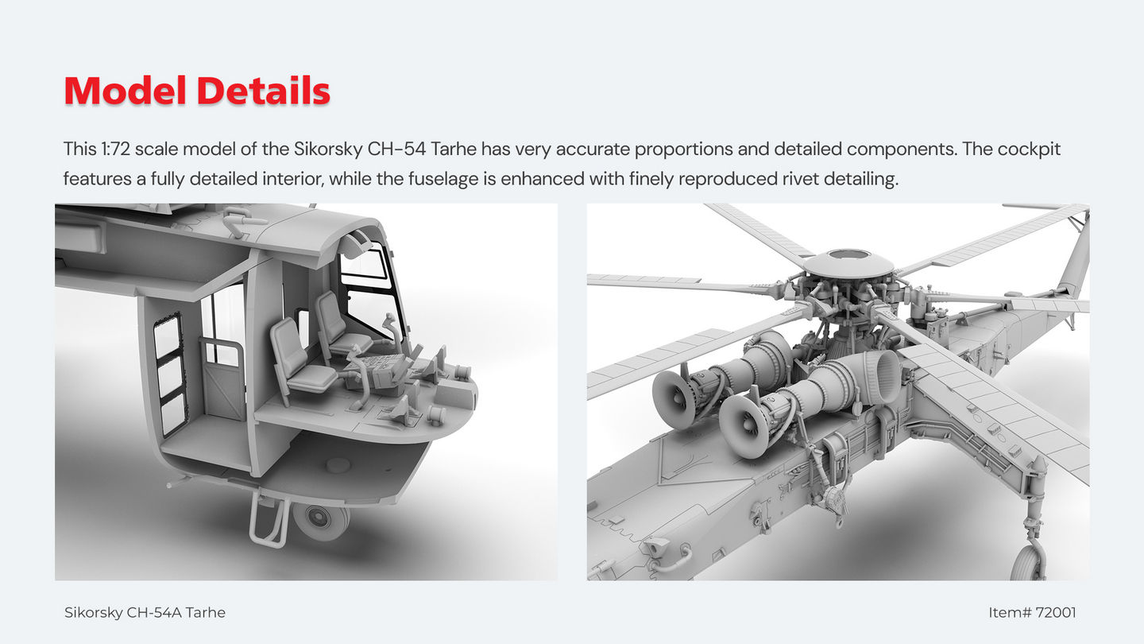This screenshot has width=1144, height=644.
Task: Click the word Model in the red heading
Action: (126, 91)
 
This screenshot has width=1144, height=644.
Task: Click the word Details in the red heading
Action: (264, 91)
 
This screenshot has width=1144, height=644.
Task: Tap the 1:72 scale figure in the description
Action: (115, 149)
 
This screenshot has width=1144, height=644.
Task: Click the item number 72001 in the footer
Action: (1055, 612)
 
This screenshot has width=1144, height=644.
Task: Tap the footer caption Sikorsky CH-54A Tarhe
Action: (145, 612)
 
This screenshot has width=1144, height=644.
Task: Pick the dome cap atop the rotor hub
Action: (848, 262)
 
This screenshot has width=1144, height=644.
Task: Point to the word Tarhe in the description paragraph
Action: (454, 149)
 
